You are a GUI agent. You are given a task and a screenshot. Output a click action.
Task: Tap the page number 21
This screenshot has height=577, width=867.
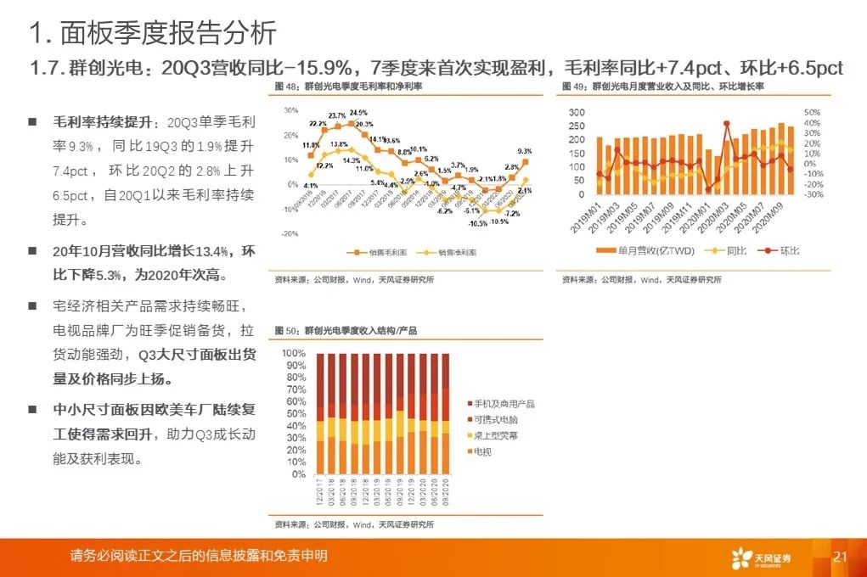[x=841, y=557]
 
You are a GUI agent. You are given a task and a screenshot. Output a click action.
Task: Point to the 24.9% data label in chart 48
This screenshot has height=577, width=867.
[x=357, y=113]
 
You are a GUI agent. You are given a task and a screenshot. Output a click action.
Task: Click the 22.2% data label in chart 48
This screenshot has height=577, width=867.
[x=318, y=124]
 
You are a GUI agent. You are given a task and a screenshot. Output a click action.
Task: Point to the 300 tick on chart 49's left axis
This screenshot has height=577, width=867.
[x=577, y=113]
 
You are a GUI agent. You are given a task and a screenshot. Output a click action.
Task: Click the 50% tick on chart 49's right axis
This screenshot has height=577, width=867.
[x=811, y=113]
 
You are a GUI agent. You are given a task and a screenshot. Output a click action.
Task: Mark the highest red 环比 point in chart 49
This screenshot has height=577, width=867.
[x=727, y=124]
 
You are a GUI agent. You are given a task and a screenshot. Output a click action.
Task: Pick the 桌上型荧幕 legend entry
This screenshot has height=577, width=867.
[x=497, y=435]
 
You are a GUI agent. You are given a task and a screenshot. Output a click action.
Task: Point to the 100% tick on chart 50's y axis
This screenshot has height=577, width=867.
[x=294, y=353]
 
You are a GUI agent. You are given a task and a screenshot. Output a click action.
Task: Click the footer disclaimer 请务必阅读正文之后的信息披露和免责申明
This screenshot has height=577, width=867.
[x=199, y=557]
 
